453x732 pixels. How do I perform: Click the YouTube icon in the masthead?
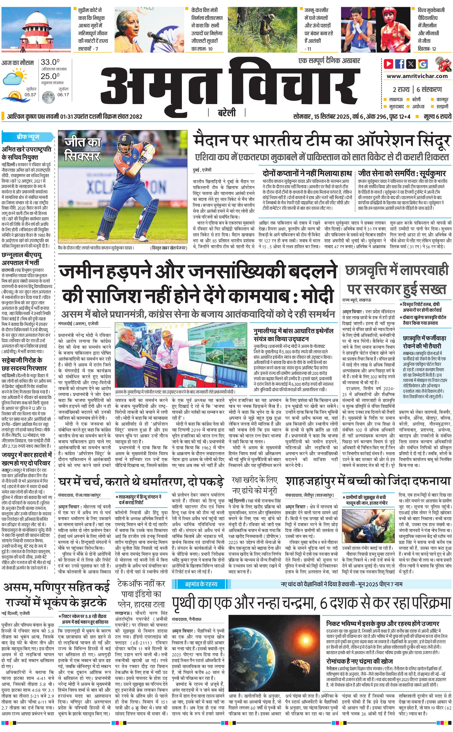coord(389,64)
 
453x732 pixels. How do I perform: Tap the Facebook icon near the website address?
coord(400,64)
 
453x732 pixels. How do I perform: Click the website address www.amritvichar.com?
coord(417,76)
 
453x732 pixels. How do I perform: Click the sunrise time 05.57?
coord(30,95)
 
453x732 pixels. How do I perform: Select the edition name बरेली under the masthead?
coord(226,113)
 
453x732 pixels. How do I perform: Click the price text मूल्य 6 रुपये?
coord(437,116)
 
